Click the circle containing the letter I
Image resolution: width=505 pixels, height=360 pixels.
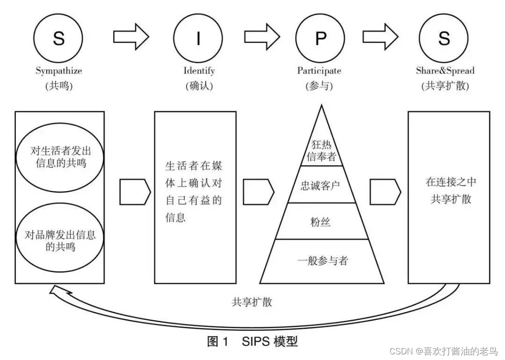[x=198, y=38]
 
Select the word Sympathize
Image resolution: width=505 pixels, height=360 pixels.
[x=59, y=71]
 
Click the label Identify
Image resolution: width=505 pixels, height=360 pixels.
[x=199, y=71]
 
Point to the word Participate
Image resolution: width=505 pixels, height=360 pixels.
[x=319, y=71]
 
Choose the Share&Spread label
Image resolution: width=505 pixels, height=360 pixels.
[x=445, y=71]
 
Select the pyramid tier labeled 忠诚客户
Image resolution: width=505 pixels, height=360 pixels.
[x=320, y=185]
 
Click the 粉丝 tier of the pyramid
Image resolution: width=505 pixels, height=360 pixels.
[x=320, y=221]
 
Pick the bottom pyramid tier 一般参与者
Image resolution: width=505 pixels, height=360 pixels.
[x=323, y=260]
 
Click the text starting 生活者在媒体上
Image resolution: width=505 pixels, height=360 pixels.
[x=194, y=191]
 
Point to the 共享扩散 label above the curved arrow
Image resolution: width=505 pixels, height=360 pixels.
[x=252, y=302]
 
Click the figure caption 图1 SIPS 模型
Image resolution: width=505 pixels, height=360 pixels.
[x=252, y=342]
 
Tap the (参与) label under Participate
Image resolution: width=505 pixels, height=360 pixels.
[x=319, y=86]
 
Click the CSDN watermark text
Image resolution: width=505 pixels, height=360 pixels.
[x=444, y=351]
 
